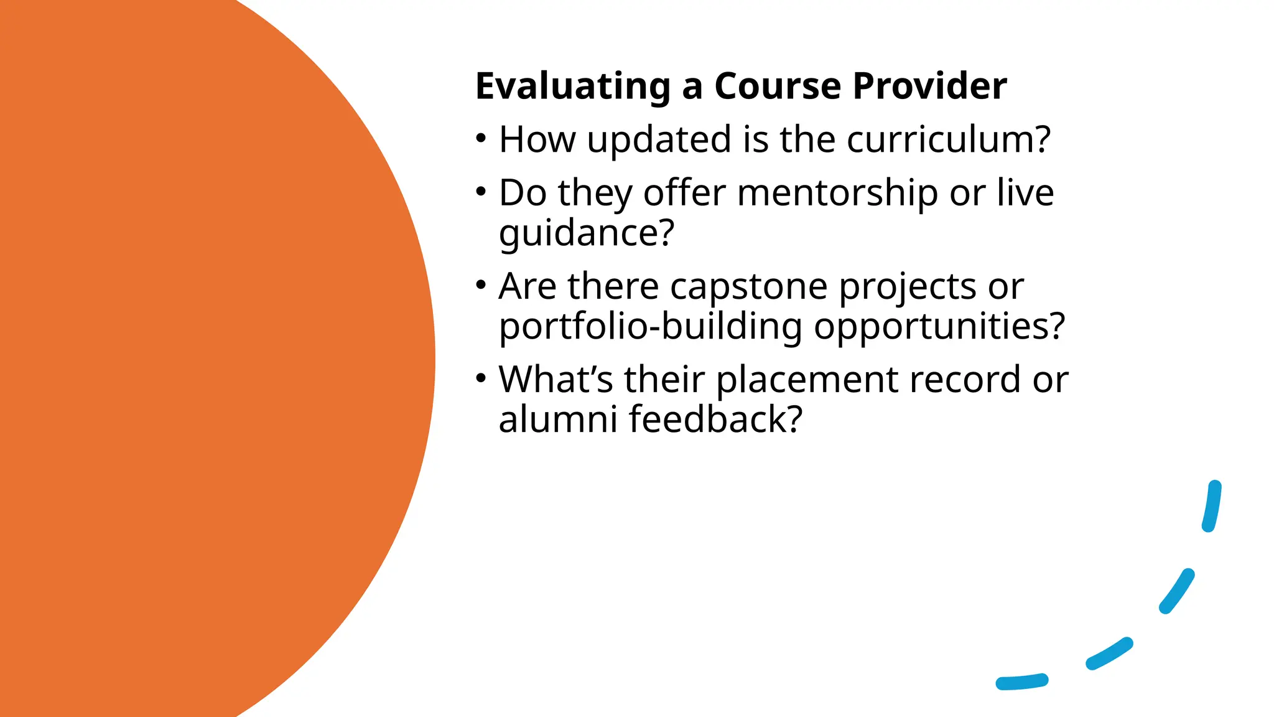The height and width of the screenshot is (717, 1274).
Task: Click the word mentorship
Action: [x=837, y=193]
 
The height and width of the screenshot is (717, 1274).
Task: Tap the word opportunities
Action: [x=939, y=326]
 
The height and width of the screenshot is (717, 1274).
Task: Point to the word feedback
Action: [x=715, y=419]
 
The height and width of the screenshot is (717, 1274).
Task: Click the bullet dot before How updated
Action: [x=481, y=138]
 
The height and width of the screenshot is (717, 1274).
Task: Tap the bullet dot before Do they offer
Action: [x=481, y=192]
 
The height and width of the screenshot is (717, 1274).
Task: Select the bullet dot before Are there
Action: [x=481, y=286]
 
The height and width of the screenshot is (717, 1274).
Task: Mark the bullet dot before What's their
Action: [x=481, y=378]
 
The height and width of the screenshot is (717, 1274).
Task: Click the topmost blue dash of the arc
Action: [x=1212, y=506]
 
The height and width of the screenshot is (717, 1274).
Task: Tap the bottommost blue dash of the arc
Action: [x=1022, y=682]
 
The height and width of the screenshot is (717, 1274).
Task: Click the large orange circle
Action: [x=187, y=358]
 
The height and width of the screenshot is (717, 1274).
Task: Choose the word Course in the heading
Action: [x=778, y=86]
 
